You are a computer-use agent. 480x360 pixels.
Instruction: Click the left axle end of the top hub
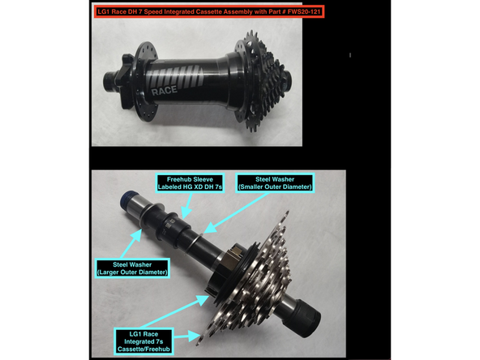(109, 79)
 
